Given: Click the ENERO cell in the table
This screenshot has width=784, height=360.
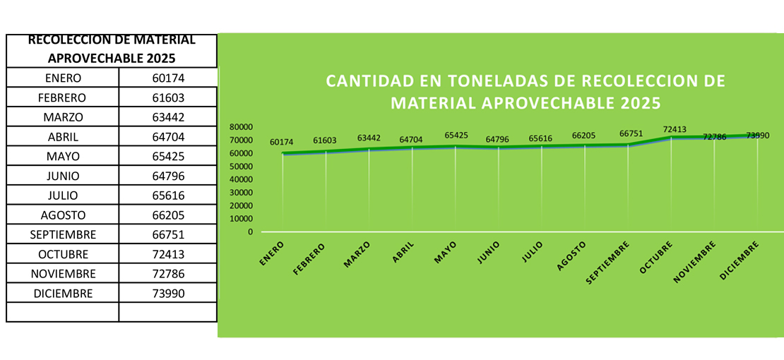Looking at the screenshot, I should click(63, 78).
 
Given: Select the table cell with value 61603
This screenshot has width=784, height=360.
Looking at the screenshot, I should click(168, 97).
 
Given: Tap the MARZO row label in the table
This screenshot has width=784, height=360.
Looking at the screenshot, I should click(63, 117).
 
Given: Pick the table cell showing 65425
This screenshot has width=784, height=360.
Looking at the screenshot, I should click(168, 156).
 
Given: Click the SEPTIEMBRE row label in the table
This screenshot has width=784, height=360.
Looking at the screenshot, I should click(63, 234).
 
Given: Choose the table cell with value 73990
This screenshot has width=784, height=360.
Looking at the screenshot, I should click(168, 293).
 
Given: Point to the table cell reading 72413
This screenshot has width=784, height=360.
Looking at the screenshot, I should click(168, 254).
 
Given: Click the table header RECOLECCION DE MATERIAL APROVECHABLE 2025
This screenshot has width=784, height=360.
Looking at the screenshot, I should click(112, 49).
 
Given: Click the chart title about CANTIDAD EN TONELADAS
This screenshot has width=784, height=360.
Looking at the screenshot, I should click(525, 91).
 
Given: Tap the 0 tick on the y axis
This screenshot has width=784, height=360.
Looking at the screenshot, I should click(250, 232).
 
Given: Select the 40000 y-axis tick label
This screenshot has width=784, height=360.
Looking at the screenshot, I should click(242, 179).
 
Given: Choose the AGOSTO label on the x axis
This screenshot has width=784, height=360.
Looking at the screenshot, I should click(573, 255).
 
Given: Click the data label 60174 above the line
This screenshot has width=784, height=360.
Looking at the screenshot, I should click(283, 143).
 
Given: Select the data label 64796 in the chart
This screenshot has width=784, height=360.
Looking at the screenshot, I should click(499, 139).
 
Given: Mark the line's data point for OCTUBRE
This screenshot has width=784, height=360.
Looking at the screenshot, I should click(672, 137).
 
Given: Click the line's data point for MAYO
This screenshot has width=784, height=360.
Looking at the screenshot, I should click(456, 146).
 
